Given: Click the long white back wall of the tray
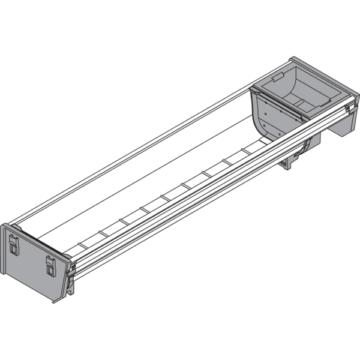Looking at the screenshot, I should tap(150, 150).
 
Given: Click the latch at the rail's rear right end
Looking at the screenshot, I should tap(347, 110).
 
